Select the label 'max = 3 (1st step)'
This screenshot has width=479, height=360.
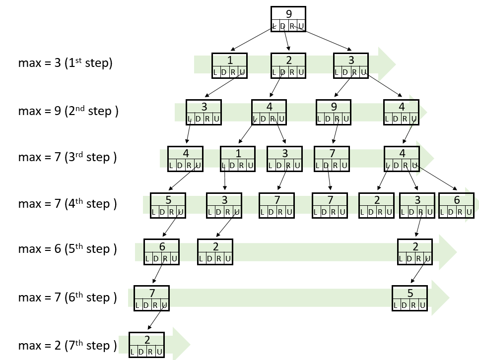click(65, 63)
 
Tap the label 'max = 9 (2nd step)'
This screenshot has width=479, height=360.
click(68, 110)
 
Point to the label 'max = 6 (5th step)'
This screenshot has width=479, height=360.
click(68, 248)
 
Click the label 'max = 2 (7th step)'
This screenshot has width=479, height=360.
click(68, 345)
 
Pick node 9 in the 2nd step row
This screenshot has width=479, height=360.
click(333, 107)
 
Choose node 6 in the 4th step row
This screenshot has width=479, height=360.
click(456, 200)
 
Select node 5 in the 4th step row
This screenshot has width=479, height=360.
click(168, 200)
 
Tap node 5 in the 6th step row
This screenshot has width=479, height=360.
click(410, 293)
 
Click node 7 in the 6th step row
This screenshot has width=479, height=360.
click(152, 293)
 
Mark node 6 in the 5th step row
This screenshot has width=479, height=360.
click(162, 246)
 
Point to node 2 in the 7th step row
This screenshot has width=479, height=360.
click(147, 340)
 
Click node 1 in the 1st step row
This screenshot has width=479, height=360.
click(230, 60)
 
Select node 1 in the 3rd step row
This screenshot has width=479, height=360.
click(238, 153)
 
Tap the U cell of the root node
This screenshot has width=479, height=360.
click(301, 26)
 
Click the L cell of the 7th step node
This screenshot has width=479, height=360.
click(133, 352)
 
